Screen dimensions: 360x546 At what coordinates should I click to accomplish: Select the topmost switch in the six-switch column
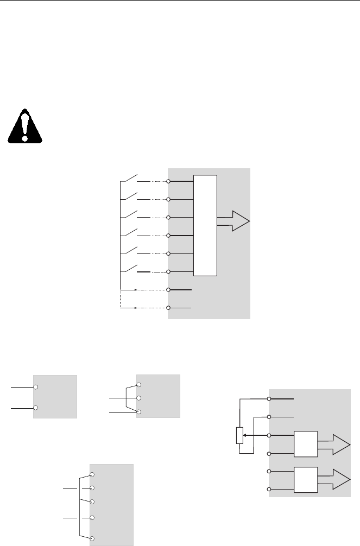129,179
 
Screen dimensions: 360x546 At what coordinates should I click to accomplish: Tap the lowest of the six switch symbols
129,269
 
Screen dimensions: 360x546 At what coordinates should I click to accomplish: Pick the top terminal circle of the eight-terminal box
169,181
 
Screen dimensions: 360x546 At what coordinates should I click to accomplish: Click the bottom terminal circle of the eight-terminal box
169,308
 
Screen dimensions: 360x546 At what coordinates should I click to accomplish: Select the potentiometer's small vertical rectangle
239,435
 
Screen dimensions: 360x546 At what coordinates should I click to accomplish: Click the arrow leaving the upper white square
333,445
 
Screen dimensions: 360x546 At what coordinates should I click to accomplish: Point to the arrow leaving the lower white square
333,480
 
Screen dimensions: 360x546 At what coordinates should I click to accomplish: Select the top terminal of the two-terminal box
35,387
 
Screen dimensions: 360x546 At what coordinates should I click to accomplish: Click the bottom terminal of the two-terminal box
35,407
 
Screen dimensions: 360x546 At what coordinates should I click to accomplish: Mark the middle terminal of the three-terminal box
140,398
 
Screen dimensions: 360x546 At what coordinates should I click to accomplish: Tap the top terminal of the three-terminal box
140,385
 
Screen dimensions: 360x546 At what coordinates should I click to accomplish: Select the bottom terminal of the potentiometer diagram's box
269,490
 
